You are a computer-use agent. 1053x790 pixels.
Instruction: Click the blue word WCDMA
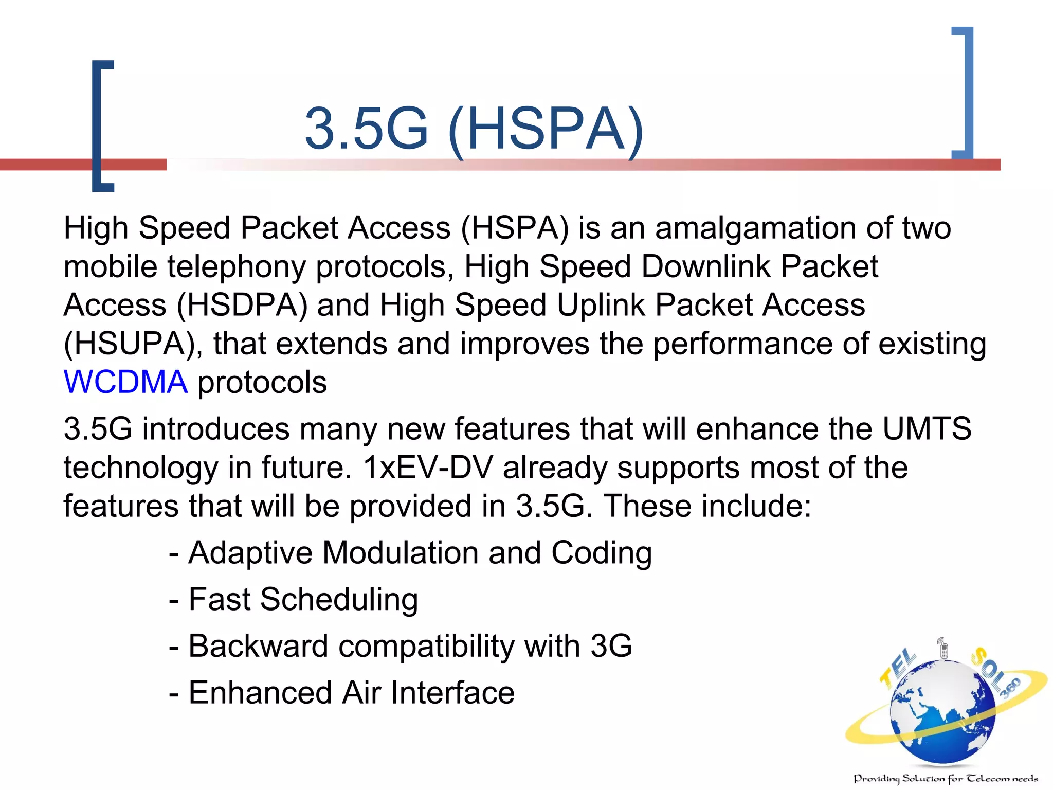[125, 382]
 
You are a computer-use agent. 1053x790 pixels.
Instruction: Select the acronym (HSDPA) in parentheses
[242, 305]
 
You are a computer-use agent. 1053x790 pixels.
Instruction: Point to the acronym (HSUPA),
[133, 344]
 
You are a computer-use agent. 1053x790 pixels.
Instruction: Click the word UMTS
[927, 428]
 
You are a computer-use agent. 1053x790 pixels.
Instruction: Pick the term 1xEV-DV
[427, 468]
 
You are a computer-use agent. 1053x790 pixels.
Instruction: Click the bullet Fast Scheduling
[303, 599]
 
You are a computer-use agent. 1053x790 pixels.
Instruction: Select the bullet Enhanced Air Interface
[351, 692]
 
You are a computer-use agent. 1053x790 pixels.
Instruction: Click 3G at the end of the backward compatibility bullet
[611, 646]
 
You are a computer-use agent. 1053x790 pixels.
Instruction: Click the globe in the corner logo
[942, 712]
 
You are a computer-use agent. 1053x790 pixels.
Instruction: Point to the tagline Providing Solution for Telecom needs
[946, 779]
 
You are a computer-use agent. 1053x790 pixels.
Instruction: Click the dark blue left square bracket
[101, 126]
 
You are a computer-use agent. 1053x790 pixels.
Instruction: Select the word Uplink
[601, 305]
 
